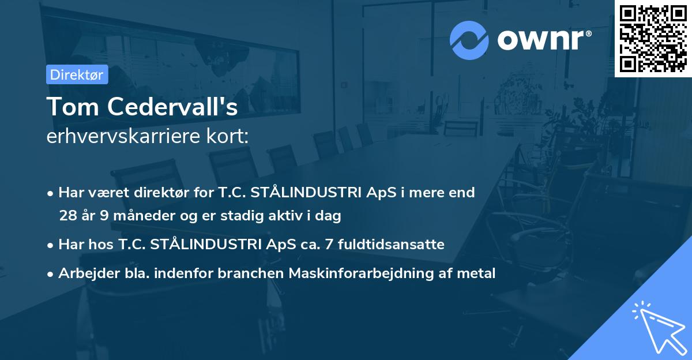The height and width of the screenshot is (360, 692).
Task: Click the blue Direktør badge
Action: coord(77,74)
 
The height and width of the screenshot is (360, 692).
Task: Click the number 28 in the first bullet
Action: coord(67,216)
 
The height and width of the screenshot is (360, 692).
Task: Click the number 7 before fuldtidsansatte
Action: coord(329,245)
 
